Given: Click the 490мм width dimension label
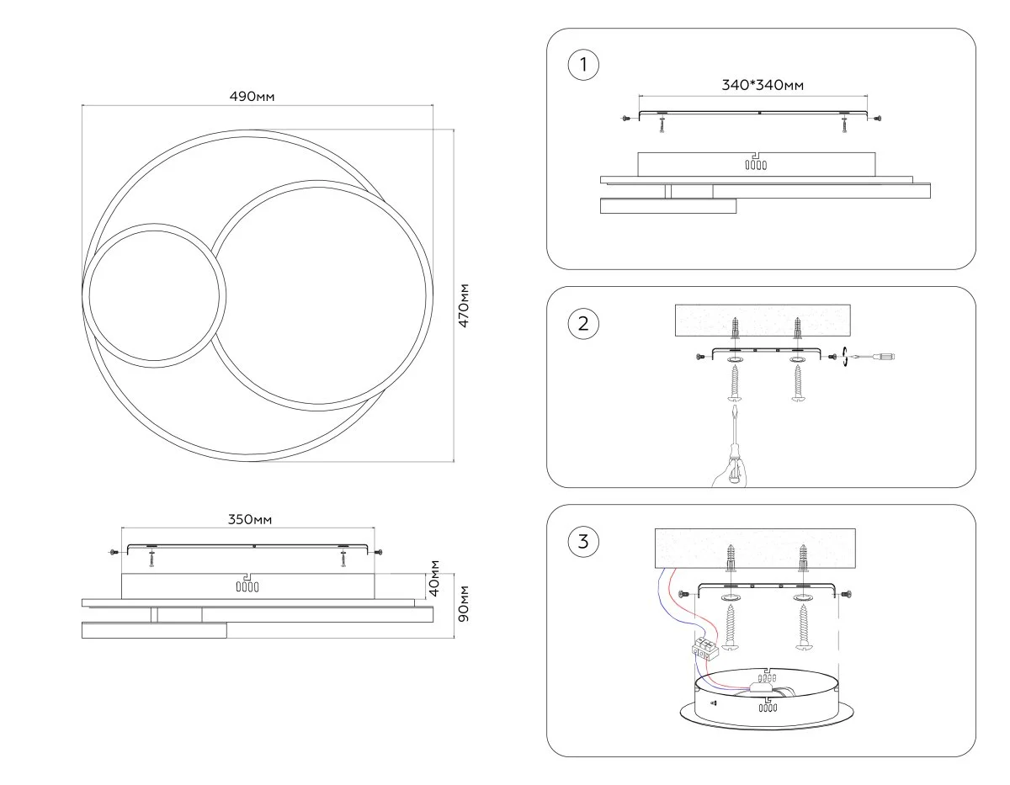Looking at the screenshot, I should (x=252, y=97).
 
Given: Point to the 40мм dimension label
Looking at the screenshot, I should (x=435, y=578).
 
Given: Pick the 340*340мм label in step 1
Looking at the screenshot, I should (x=763, y=85).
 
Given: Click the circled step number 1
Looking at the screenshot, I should (x=584, y=65).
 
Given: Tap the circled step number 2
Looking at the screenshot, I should (x=584, y=323).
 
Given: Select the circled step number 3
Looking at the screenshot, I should (x=584, y=541).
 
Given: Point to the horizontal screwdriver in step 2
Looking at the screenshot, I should (x=875, y=357).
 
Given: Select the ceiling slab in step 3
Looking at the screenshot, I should (x=755, y=549).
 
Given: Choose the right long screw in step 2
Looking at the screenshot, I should (x=797, y=385).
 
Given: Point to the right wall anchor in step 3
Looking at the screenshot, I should (x=803, y=558).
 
